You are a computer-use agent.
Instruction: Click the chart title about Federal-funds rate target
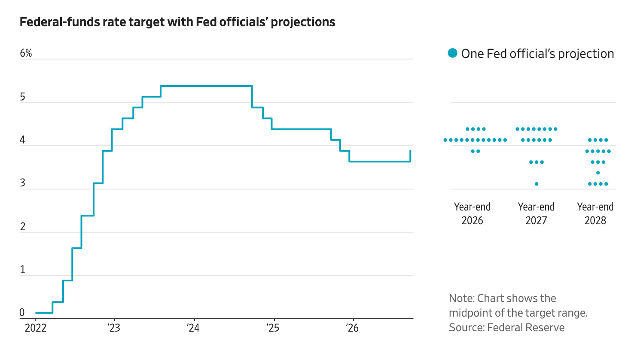coord(177,22)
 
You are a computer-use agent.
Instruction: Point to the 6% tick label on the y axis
coord(26,53)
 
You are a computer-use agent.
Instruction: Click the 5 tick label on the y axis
coord(22,97)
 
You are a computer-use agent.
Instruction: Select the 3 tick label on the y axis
coord(22,183)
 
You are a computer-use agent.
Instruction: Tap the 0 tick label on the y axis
coord(22,313)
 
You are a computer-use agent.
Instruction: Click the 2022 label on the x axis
coord(36,328)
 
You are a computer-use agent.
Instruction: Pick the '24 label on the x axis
coord(193,328)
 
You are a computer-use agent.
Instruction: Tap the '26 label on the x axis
coord(352,328)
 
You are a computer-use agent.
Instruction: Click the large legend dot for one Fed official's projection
coord(452,53)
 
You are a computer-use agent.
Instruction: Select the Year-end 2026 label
coord(473,214)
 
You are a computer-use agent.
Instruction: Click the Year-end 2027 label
coord(537,214)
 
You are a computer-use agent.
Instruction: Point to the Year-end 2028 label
coord(595,214)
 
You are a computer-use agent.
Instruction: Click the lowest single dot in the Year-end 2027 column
coord(537,184)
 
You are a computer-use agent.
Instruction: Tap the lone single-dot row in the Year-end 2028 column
coord(598,173)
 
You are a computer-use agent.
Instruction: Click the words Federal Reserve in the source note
coord(526,327)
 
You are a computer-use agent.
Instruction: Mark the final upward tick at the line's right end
coord(411,156)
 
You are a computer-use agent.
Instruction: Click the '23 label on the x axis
coord(114,328)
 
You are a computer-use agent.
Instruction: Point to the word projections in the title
coord(303,22)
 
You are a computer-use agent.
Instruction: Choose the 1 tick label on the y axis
coord(22,270)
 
